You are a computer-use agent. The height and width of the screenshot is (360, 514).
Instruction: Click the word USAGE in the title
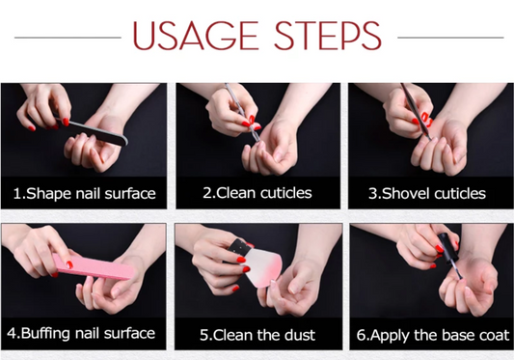[x=196, y=36]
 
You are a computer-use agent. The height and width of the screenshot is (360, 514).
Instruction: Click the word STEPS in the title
[x=328, y=36]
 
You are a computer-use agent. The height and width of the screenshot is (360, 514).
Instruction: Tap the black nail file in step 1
[x=94, y=131]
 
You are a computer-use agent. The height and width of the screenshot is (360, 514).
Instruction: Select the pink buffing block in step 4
[x=94, y=266]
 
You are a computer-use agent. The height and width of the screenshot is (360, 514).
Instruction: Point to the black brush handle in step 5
[x=237, y=247]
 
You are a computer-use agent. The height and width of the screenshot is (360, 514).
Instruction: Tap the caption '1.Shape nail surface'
[x=84, y=193]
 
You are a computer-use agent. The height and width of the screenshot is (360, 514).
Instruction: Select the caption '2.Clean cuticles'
[x=257, y=193]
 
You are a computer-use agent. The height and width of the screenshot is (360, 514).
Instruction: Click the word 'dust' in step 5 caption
[x=299, y=335]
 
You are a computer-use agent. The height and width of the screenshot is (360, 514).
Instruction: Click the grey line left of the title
[x=68, y=38]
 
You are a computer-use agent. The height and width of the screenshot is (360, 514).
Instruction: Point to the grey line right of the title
[x=450, y=38]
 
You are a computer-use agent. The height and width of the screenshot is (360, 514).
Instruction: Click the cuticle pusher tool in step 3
[x=416, y=112]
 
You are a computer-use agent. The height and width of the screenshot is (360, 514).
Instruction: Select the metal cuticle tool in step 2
[x=242, y=113]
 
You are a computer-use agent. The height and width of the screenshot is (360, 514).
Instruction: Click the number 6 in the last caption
[x=361, y=335]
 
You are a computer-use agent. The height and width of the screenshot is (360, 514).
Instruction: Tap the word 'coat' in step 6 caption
[x=495, y=335]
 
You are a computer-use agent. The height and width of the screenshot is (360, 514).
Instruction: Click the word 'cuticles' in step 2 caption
[x=285, y=193]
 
